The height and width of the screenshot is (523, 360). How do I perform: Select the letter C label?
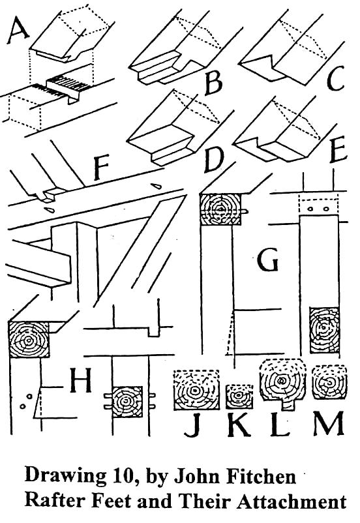(335, 79)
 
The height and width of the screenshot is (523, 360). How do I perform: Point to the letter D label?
(213, 162)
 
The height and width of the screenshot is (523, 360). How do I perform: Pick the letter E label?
(338, 151)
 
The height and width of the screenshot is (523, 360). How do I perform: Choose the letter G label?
(267, 259)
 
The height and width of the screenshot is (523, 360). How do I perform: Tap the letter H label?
(80, 380)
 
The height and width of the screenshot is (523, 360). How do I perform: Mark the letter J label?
(192, 425)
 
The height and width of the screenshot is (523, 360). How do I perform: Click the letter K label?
(239, 425)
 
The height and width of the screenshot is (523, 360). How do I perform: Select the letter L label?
(279, 425)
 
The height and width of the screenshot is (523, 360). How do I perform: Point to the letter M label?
(329, 424)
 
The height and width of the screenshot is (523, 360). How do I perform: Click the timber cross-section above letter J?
(196, 389)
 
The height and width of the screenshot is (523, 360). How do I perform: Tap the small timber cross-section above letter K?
(238, 396)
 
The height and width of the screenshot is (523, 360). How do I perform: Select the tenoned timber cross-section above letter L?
(282, 383)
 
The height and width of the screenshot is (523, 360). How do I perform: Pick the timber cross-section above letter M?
(329, 382)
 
